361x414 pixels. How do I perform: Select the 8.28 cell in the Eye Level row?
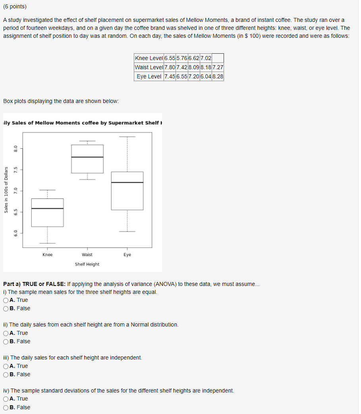218,76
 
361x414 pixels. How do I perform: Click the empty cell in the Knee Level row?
218,58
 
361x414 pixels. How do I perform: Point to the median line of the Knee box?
48,208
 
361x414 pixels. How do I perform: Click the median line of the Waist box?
87,157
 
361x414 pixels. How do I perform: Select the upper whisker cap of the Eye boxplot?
127,137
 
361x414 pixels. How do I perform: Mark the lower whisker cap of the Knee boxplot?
48,243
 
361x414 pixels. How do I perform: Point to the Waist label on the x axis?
87,255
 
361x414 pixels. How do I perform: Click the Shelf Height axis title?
87,264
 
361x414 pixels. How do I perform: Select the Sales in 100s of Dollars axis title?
6,189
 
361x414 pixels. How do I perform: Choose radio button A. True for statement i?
6,300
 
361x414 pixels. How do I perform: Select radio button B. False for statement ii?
6,342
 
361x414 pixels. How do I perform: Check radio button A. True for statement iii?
6,366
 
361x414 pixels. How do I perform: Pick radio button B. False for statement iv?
6,407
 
